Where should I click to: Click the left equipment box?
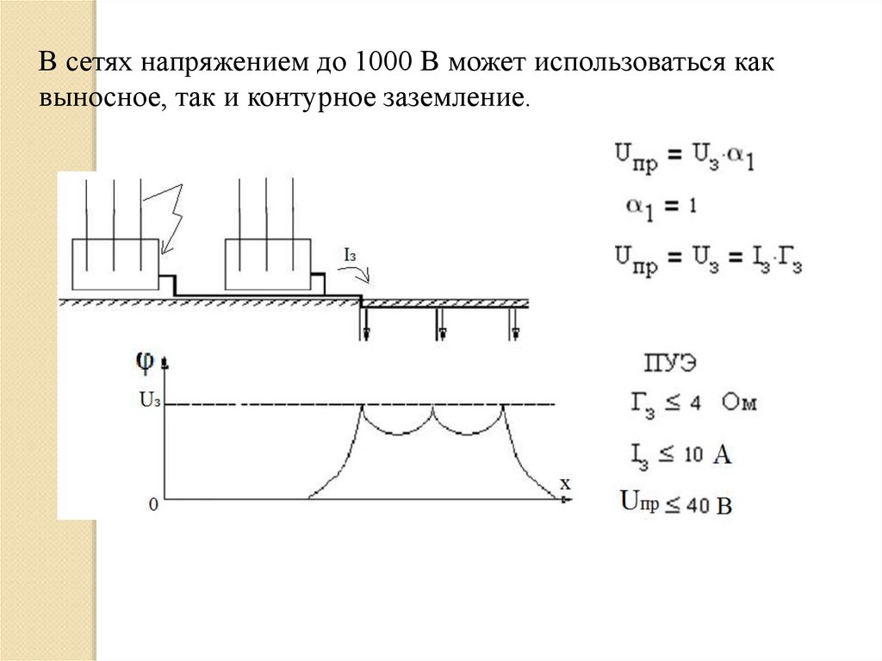click(x=115, y=263)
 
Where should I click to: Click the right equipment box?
click(x=267, y=263)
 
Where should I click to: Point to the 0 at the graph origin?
click(x=152, y=504)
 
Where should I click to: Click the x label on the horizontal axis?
click(x=565, y=483)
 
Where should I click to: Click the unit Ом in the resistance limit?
click(x=739, y=402)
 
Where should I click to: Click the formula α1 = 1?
click(x=661, y=207)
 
